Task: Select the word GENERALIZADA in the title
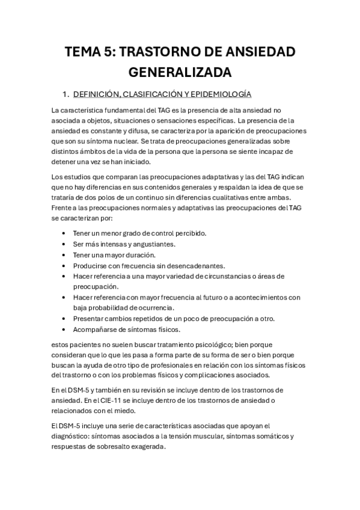pos(180,73)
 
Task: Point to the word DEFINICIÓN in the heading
pos(100,94)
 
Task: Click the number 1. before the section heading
pos(66,94)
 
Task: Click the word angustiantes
pos(151,244)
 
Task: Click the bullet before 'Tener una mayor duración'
pos(64,254)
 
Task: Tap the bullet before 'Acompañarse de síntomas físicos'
pos(64,330)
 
